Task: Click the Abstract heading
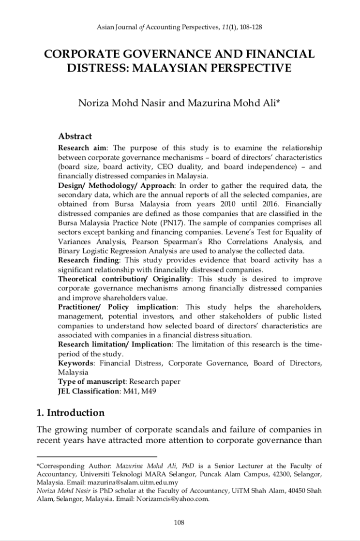(75, 136)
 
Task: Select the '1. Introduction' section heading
(71, 413)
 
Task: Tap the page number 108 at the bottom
(180, 522)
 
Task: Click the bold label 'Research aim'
(79, 147)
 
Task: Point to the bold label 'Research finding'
(85, 260)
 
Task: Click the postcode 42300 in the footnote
(275, 474)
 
